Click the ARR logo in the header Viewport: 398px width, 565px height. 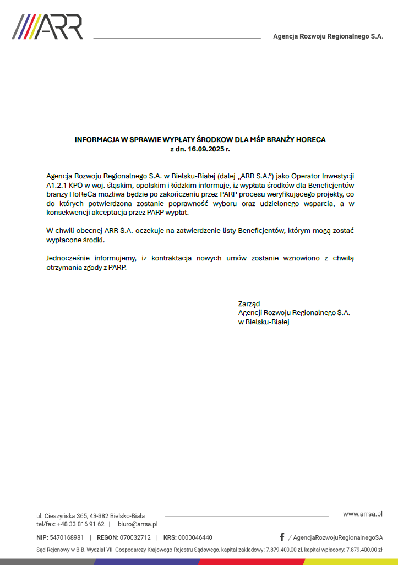coord(47,26)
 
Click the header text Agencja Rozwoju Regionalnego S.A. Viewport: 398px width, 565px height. coord(328,36)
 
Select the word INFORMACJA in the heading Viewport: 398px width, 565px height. coord(97,140)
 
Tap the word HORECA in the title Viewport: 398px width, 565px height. coord(310,140)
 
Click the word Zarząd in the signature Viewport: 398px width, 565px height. coord(249,303)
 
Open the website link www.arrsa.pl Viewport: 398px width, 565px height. coord(362,514)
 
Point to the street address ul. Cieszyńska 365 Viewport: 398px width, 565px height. coord(62,515)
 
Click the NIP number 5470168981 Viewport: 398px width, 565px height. coord(67,537)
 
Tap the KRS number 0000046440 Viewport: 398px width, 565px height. coord(195,537)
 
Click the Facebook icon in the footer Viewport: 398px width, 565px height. coord(282,537)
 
